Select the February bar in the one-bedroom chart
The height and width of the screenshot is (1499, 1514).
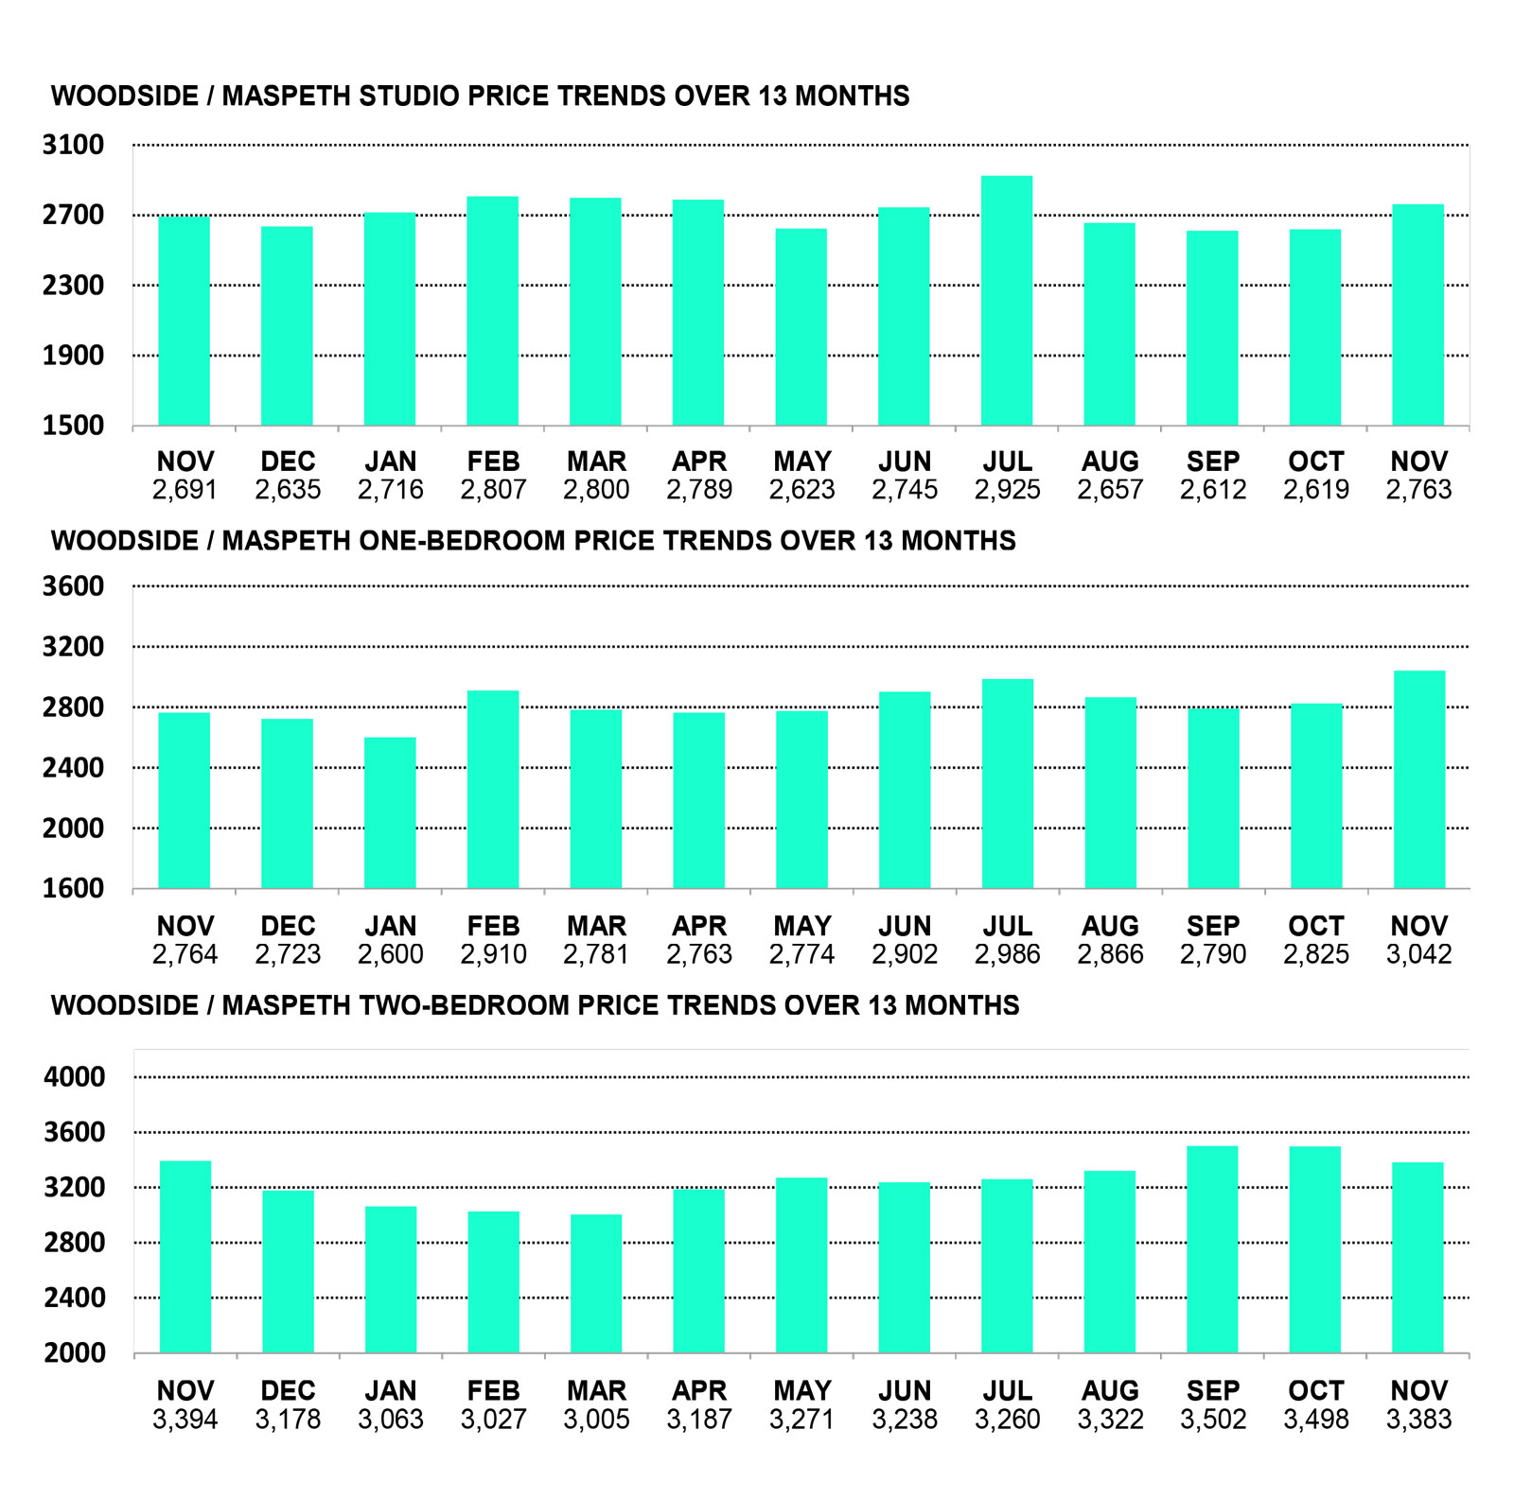(493, 790)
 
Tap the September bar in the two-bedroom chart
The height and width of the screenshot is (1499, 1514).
(1212, 1249)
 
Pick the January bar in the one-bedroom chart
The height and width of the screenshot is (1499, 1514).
(390, 813)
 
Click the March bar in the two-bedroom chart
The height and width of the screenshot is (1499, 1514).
(596, 1283)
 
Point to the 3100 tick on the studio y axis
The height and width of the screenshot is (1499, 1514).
(74, 146)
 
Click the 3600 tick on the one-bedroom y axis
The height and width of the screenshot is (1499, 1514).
(74, 586)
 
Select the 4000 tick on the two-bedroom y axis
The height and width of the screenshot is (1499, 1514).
(75, 1077)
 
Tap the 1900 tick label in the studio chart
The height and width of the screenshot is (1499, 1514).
(74, 356)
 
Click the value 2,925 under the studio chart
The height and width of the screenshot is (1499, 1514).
(1007, 490)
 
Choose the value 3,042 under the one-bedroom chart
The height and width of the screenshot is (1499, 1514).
(1418, 954)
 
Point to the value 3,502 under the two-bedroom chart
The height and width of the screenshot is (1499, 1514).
(1212, 1420)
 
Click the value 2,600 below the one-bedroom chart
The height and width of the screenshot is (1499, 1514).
(390, 954)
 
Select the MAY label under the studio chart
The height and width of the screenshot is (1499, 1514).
(801, 462)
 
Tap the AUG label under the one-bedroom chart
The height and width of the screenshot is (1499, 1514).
(1110, 926)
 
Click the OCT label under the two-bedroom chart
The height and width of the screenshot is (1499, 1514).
(1315, 1391)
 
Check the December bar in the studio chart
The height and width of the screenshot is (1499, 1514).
(287, 326)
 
